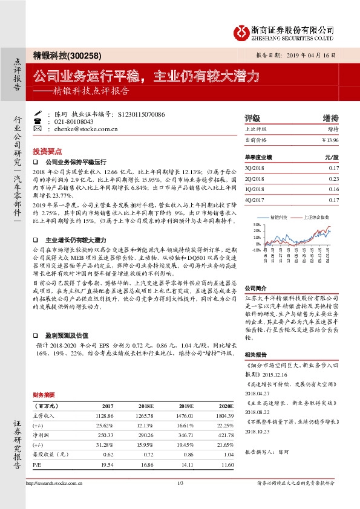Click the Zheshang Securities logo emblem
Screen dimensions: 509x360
click(x=243, y=30)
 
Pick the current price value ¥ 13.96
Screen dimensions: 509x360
click(x=330, y=140)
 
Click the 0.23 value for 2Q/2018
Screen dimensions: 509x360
click(x=334, y=180)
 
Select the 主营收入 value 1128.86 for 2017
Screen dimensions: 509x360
click(x=103, y=415)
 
